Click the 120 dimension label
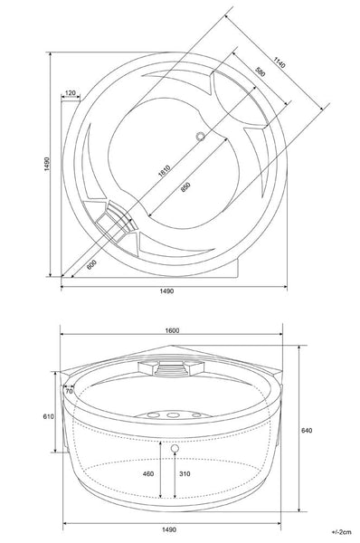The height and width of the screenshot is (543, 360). click(70, 93)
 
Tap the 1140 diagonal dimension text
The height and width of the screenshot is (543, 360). click(279, 62)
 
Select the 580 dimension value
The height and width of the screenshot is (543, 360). click(261, 71)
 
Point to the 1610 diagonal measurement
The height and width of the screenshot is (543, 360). click(164, 171)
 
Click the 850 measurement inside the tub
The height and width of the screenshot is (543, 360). click(185, 187)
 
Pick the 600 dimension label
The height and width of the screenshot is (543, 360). click(91, 264)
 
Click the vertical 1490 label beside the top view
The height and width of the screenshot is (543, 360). click(47, 164)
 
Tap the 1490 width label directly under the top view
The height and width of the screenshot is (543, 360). click(166, 291)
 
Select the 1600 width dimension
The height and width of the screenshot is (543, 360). click(172, 330)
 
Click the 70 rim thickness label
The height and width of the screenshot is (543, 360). click(69, 391)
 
